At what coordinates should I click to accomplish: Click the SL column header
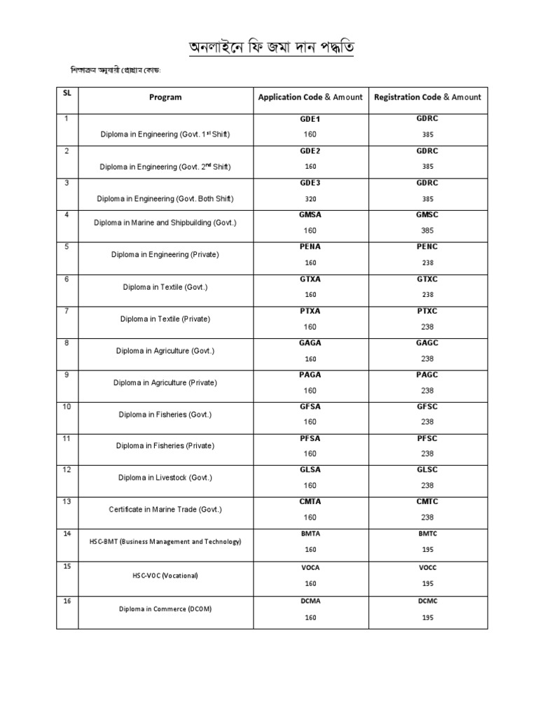(x=67, y=92)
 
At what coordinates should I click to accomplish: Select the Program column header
(x=165, y=97)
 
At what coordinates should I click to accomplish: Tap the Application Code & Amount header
(x=310, y=97)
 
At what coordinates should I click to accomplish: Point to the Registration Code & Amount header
(x=427, y=97)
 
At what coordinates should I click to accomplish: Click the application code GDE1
(x=310, y=120)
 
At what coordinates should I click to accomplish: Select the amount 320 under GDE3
(x=310, y=199)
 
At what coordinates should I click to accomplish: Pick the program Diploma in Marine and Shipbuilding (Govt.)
(x=165, y=223)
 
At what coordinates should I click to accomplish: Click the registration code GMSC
(x=427, y=215)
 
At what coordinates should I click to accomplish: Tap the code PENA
(x=310, y=246)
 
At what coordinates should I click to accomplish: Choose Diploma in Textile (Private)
(x=165, y=319)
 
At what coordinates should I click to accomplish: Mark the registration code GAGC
(x=427, y=342)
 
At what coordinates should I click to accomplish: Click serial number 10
(x=67, y=406)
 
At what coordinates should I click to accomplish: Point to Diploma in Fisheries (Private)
(x=165, y=445)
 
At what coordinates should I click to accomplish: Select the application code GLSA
(x=310, y=470)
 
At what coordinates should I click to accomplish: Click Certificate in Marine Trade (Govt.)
(x=165, y=510)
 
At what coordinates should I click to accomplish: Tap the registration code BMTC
(x=427, y=534)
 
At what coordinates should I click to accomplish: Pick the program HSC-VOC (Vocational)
(x=165, y=576)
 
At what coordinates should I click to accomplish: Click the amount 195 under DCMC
(x=427, y=617)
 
